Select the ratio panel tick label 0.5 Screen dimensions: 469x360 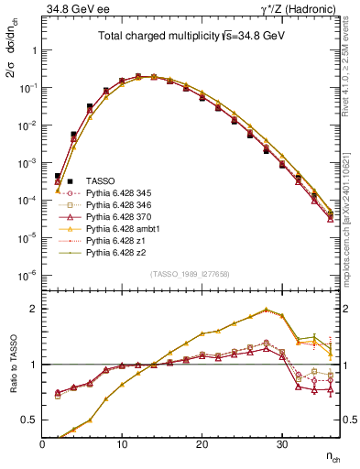(x=29, y=421)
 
